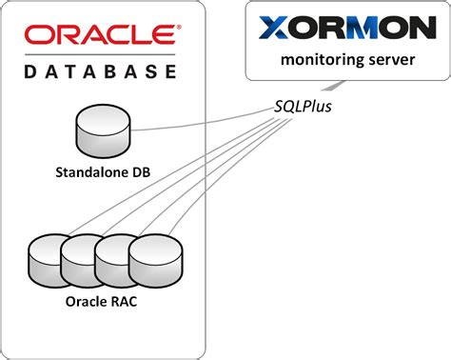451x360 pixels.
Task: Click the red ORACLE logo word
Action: [100, 35]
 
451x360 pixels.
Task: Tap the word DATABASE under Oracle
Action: [100, 70]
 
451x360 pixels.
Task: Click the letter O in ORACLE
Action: [40, 35]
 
